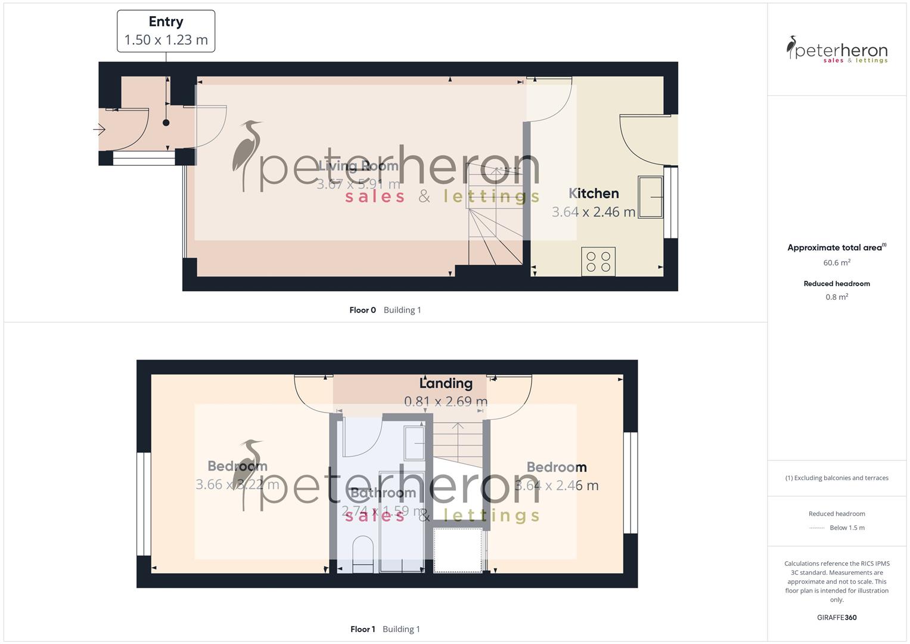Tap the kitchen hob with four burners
point(598,262)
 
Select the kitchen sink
point(651,197)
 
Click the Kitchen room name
point(594,193)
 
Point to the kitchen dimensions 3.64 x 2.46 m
point(594,212)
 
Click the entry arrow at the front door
point(99,129)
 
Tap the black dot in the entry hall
point(166,123)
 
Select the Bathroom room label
point(383,493)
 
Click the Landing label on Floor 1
point(446,383)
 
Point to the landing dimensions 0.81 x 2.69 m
point(446,401)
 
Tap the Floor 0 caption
point(362,310)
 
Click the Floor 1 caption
point(362,629)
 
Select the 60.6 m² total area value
point(837,262)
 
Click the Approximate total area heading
point(836,247)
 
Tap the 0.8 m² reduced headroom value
point(837,297)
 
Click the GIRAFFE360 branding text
point(837,618)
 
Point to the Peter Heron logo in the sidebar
point(837,49)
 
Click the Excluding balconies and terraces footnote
point(837,478)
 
